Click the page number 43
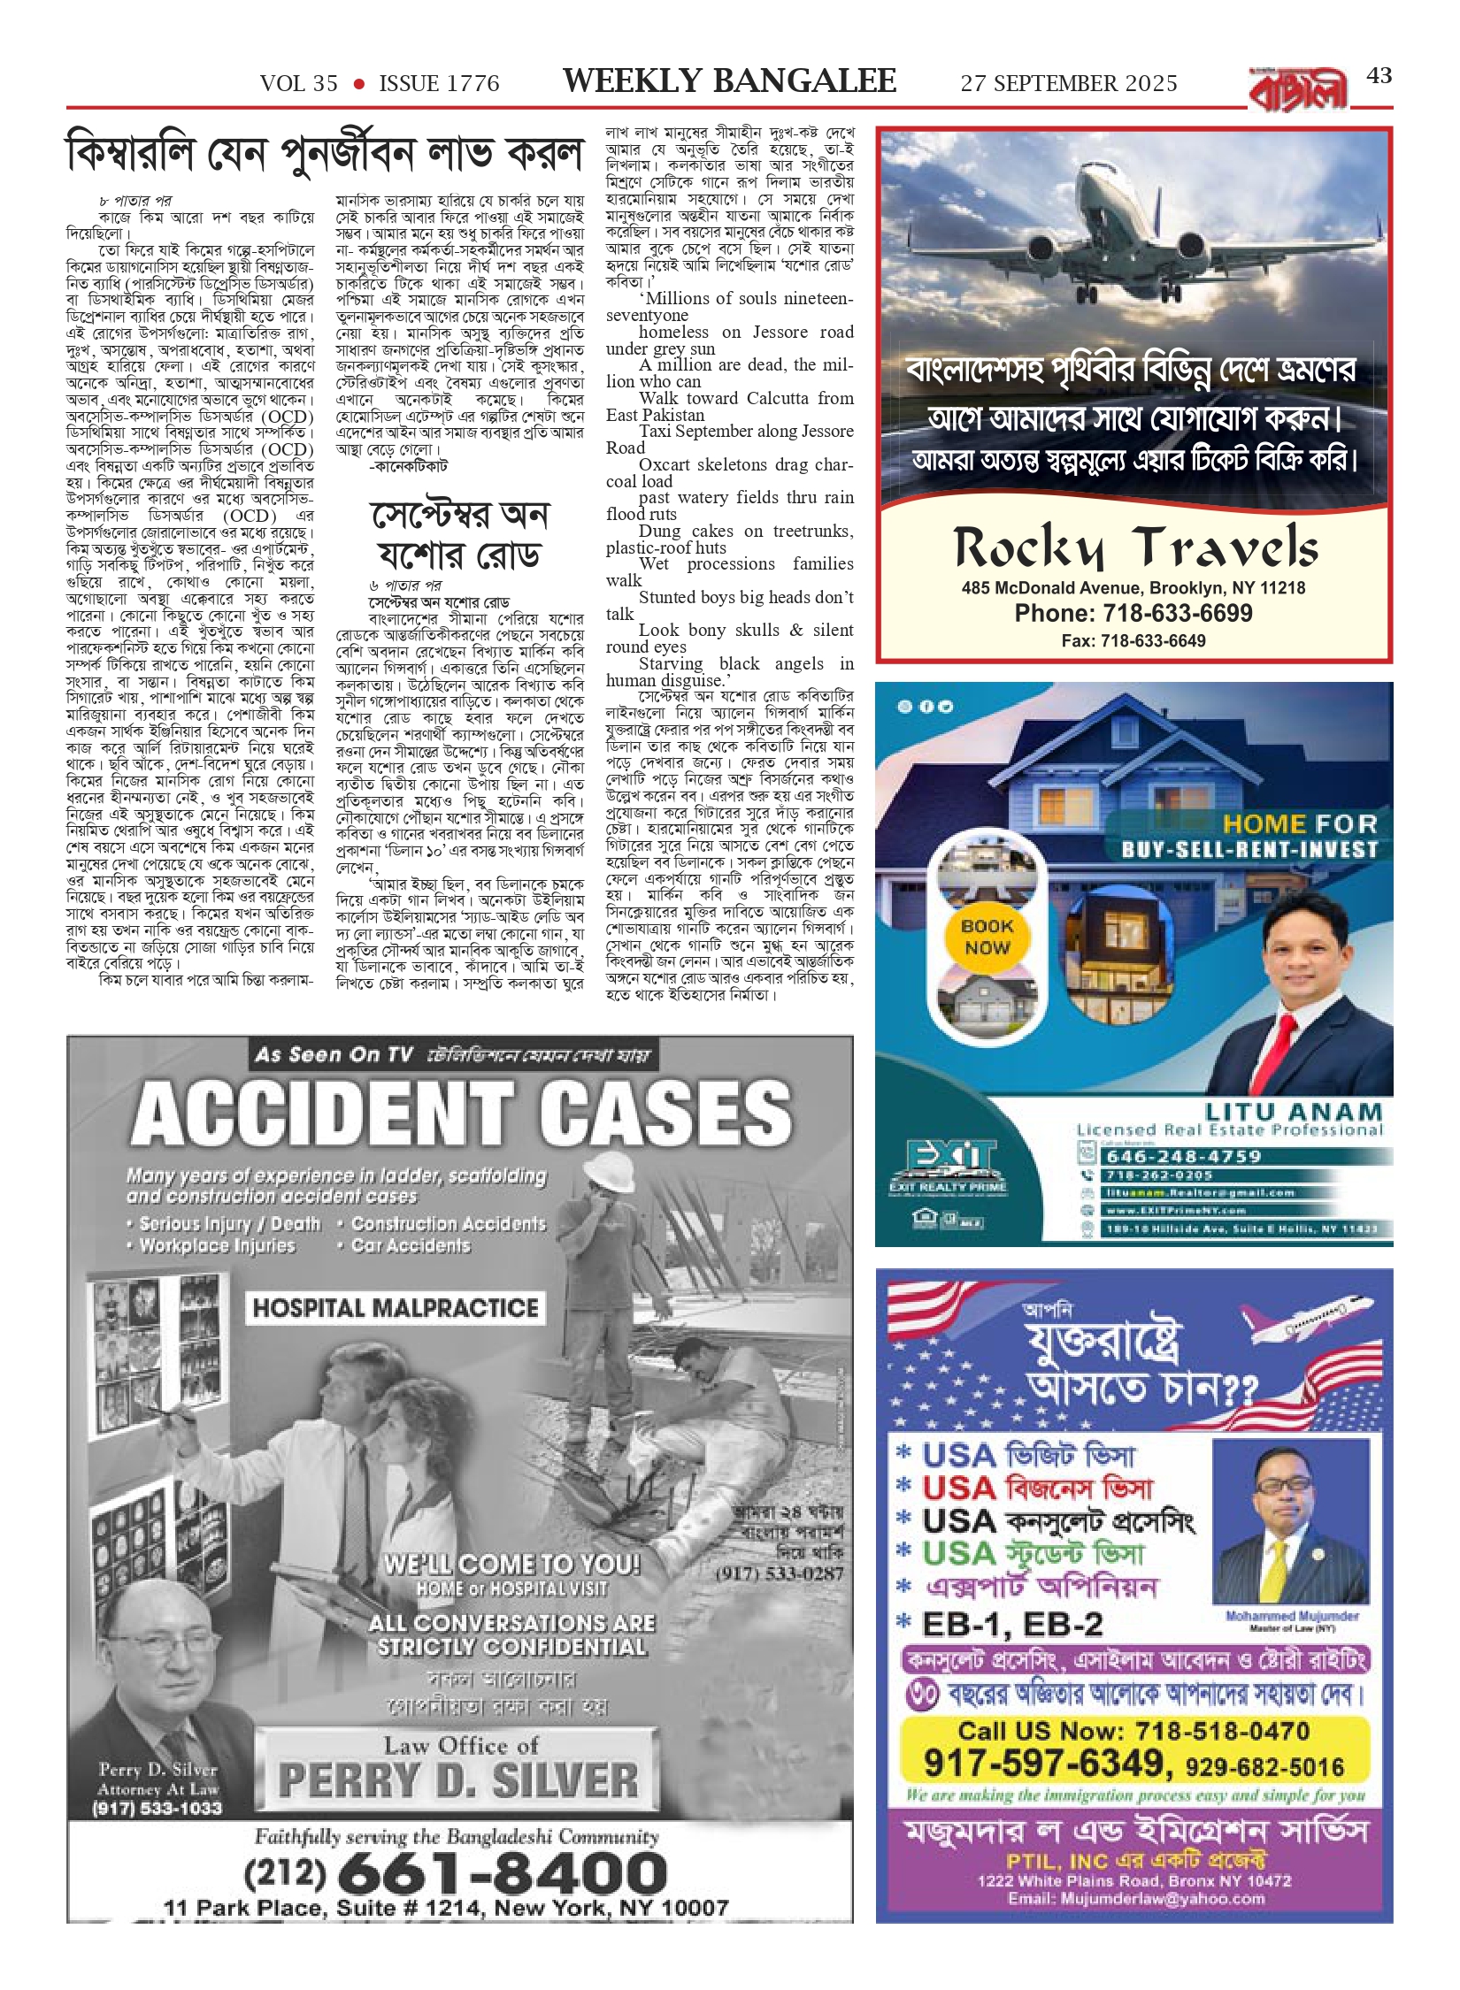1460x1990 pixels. (x=1379, y=77)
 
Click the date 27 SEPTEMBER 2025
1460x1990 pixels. (x=1069, y=84)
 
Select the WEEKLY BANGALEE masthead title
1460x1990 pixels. (x=729, y=81)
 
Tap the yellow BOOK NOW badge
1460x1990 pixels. (x=987, y=937)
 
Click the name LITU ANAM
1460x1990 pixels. (x=1293, y=1112)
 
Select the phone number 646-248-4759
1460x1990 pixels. (x=1184, y=1156)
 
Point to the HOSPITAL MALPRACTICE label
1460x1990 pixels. (x=395, y=1308)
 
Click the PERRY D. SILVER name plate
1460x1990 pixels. (x=457, y=1780)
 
